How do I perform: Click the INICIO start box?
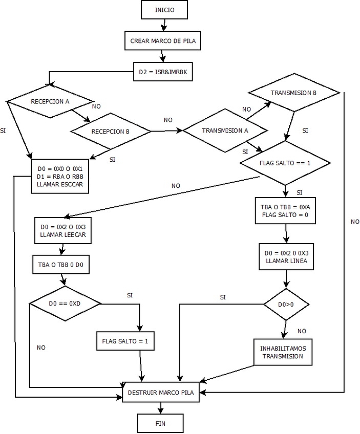[164, 10]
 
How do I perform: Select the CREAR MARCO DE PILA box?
[162, 41]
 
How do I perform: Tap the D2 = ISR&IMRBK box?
[163, 72]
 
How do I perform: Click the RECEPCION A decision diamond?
[50, 101]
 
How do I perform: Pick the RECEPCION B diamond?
[111, 132]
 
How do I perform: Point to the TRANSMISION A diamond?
[225, 131]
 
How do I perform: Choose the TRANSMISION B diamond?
[294, 93]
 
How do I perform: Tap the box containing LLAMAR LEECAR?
[63, 231]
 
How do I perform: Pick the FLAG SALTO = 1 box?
[125, 341]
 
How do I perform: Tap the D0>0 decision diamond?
[286, 305]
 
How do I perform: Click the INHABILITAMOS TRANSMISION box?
[283, 352]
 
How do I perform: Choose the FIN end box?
[160, 423]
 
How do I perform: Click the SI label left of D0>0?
[223, 297]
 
